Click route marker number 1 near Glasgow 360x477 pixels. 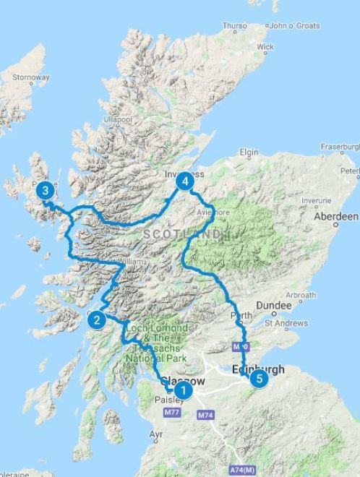184,392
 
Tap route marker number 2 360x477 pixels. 96,319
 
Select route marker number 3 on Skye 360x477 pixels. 45,191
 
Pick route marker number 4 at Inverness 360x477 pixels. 186,181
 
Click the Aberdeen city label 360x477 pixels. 335,216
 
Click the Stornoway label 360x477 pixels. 31,77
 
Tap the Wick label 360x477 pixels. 265,46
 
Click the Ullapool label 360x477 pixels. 118,119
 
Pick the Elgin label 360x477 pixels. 249,152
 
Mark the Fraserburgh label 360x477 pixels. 340,146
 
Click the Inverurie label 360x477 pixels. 316,200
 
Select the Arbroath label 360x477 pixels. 300,295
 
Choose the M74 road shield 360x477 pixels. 206,416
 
